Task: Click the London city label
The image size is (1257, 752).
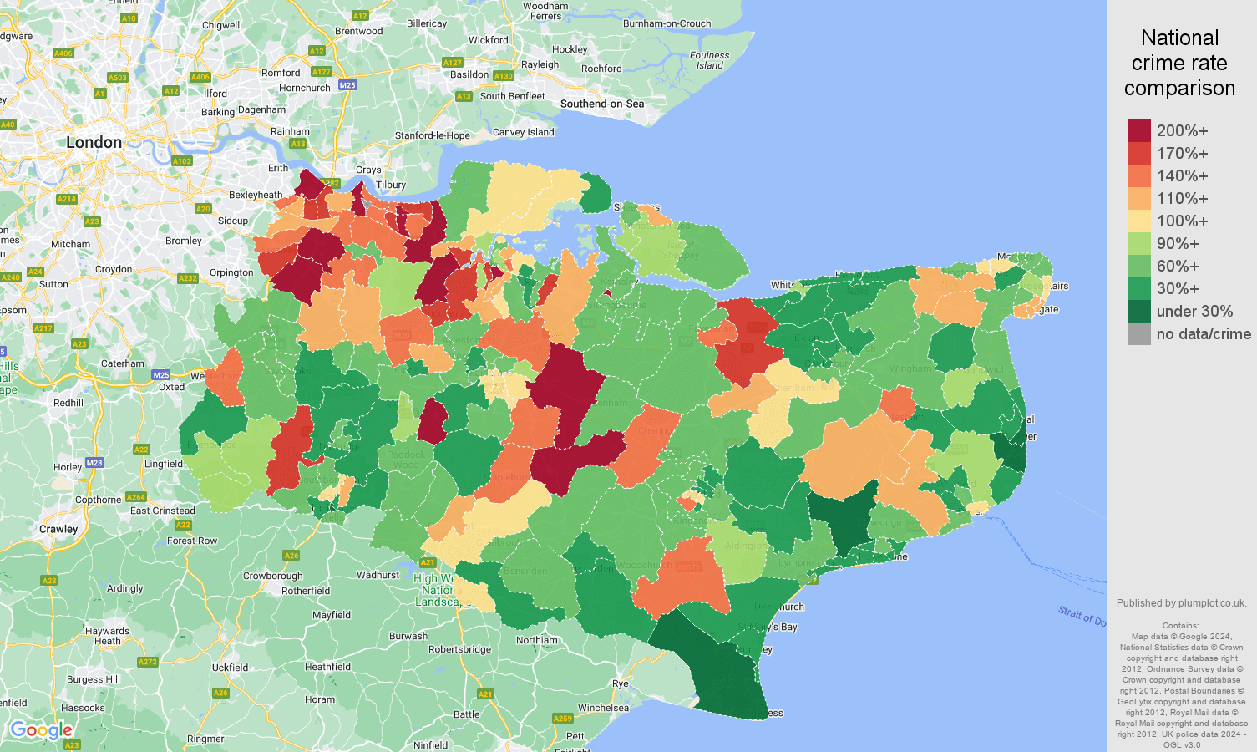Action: (94, 143)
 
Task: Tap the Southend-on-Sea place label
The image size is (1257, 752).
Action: (601, 104)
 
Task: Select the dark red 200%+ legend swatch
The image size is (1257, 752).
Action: (1139, 131)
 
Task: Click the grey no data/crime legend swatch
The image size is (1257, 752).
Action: (1139, 334)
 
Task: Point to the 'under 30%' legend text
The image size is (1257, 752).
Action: (1194, 312)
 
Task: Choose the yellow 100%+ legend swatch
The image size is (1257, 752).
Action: (1139, 221)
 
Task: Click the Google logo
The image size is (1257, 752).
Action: (41, 731)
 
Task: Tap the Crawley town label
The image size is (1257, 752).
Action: (58, 529)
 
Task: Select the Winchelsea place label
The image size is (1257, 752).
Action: (603, 708)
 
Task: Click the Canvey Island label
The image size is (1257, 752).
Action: (523, 132)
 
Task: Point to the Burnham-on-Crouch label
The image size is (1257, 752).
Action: (667, 23)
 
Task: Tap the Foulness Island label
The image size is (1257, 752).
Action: (709, 60)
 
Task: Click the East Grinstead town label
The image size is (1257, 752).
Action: (162, 511)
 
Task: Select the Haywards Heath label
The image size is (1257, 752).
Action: (107, 636)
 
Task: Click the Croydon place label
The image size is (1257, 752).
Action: (114, 269)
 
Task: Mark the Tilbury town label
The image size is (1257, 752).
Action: (391, 185)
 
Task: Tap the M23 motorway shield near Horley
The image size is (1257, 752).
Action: (94, 463)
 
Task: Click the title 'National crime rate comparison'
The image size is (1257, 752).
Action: (1179, 63)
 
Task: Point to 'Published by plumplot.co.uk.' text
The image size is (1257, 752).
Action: (1181, 602)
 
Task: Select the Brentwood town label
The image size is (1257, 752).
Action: (358, 31)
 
